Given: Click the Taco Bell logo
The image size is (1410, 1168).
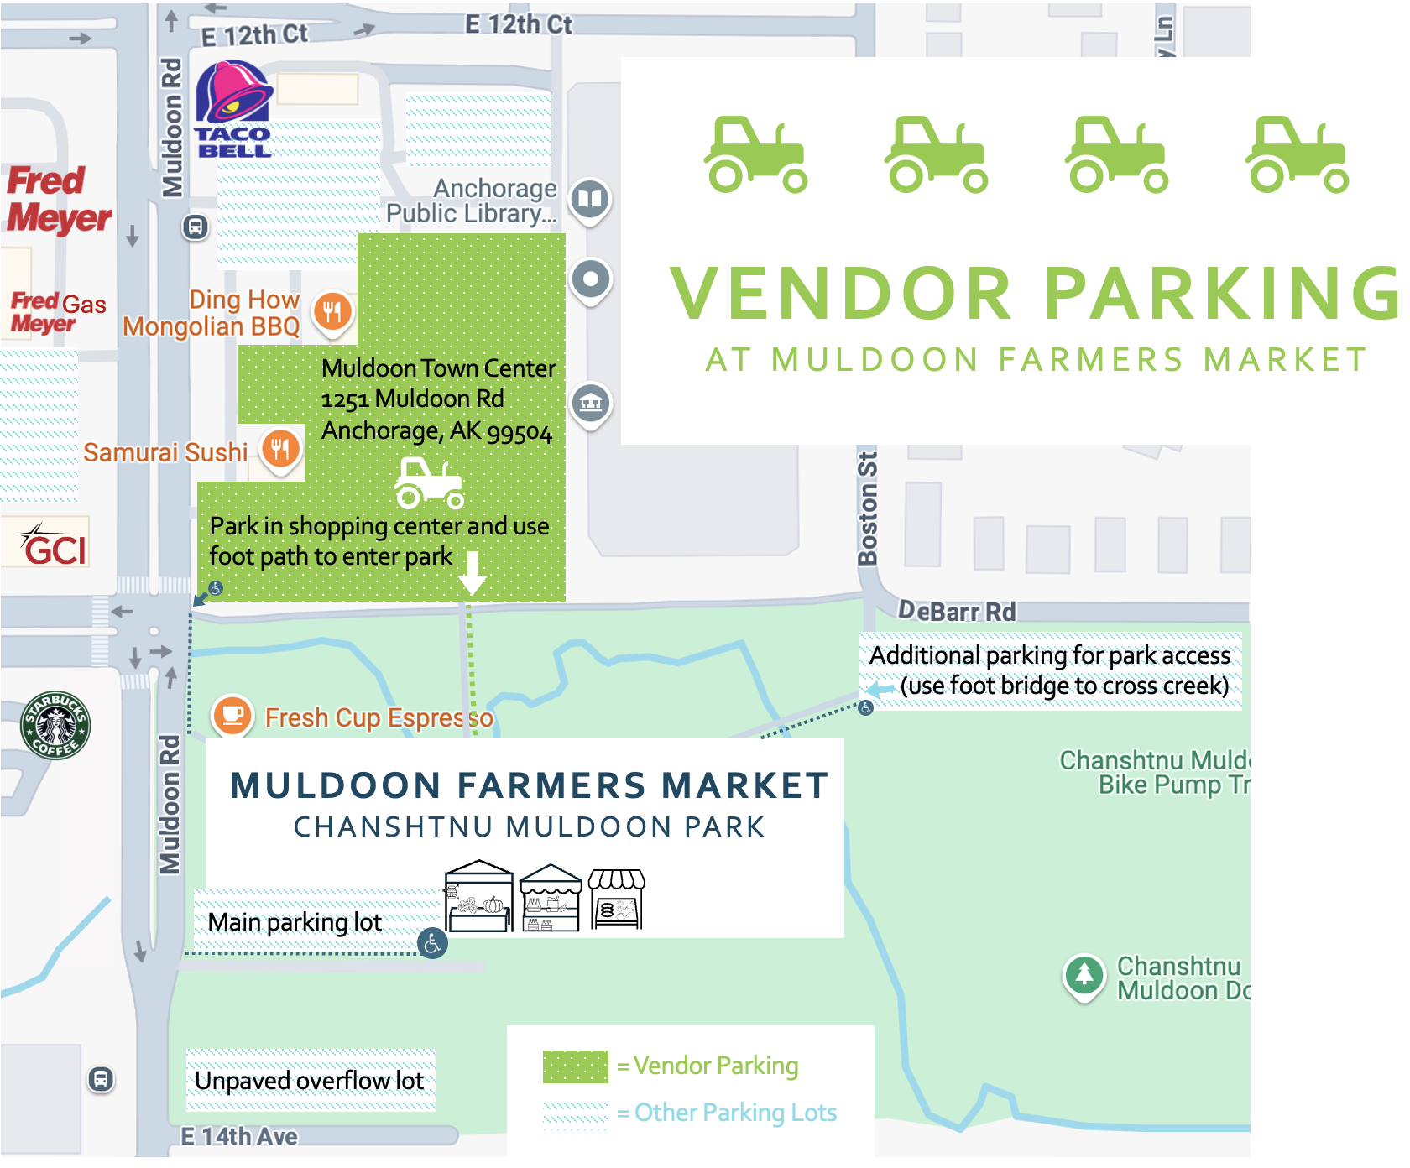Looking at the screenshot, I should [233, 109].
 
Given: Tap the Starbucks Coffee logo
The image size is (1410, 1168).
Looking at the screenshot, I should [55, 726].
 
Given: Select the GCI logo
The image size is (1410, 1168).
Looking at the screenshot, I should [55, 547].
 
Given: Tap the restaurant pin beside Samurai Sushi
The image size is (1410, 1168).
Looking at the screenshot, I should [280, 449].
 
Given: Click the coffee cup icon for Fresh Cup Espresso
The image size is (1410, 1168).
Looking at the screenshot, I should [232, 716].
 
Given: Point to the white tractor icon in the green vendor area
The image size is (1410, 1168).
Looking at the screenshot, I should [429, 483].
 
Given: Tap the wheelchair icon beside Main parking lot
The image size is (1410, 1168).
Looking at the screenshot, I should [432, 943].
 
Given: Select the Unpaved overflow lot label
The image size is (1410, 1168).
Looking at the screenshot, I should [310, 1081].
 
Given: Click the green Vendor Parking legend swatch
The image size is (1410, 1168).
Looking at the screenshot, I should [575, 1066].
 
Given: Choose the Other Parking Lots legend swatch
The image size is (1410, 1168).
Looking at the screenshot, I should [575, 1113].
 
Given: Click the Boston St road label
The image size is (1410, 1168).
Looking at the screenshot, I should [868, 508].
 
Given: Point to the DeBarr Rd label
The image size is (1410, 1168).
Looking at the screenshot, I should [957, 612].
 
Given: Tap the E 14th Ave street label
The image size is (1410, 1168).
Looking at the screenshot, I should [240, 1137].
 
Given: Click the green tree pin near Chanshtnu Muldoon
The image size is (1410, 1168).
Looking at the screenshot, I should [1084, 975].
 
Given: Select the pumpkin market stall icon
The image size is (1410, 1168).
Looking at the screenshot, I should [479, 897].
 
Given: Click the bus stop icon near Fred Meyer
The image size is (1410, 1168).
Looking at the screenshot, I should [196, 227].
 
